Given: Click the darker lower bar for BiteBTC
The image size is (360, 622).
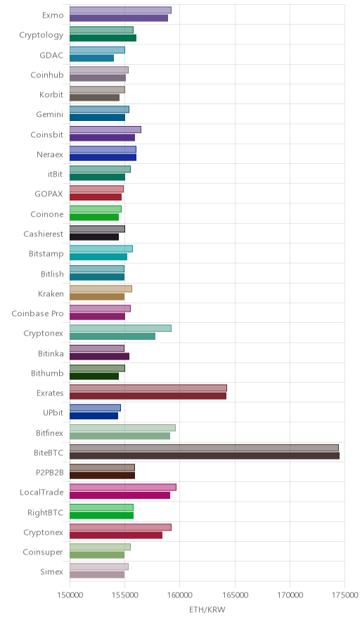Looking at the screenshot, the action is click(x=205, y=456).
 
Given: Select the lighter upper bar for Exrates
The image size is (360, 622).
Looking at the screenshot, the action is click(x=148, y=388).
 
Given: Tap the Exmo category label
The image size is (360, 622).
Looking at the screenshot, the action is click(x=53, y=15).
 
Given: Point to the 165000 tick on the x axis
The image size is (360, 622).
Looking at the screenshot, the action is click(x=235, y=595).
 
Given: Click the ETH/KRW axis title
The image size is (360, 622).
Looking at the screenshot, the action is click(x=207, y=610).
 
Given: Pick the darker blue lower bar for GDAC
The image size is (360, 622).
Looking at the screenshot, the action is click(x=91, y=58).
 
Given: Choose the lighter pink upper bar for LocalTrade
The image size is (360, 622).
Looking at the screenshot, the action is click(x=123, y=487).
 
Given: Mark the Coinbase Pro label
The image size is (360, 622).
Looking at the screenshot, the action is click(x=37, y=313).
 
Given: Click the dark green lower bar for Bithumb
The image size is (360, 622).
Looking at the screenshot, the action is click(x=94, y=376).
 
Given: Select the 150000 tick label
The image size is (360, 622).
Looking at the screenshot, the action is click(x=70, y=595).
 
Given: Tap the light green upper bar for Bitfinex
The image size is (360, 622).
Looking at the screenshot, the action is click(x=122, y=428).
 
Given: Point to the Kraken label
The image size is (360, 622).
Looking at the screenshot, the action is click(x=51, y=293).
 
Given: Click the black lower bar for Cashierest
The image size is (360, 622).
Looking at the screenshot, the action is click(x=94, y=237).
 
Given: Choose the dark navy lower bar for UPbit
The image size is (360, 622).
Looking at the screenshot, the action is click(x=94, y=416).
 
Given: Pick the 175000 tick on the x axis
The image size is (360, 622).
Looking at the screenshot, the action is click(x=345, y=595).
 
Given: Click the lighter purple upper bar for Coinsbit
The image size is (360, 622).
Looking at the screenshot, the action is click(x=105, y=129).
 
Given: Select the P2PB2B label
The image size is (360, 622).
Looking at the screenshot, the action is click(x=49, y=472).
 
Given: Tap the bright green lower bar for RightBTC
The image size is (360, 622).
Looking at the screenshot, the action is click(x=101, y=515).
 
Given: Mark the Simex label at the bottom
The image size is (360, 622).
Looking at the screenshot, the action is click(x=52, y=571).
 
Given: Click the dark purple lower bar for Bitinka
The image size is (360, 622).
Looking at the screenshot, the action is click(x=100, y=356).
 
